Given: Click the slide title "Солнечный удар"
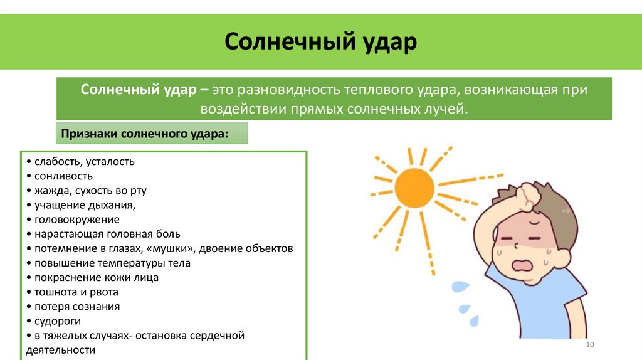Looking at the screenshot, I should pos(320,43).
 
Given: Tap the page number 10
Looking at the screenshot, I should pos(589,346).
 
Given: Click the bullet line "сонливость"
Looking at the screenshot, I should pos(63,176).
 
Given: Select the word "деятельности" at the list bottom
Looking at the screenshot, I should pos(61,350).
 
